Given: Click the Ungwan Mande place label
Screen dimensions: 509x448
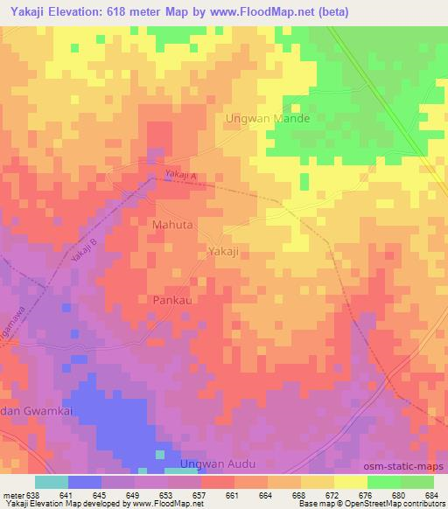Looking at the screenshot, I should click(x=268, y=118).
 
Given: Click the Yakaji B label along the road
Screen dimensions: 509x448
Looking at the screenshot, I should click(x=82, y=252).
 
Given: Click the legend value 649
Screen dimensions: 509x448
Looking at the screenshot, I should click(x=133, y=494).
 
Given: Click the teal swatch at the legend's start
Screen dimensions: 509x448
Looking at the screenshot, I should click(x=52, y=482).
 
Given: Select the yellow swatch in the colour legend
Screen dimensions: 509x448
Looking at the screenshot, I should click(x=350, y=482).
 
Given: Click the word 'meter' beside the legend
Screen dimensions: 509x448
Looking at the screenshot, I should click(x=12, y=494).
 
